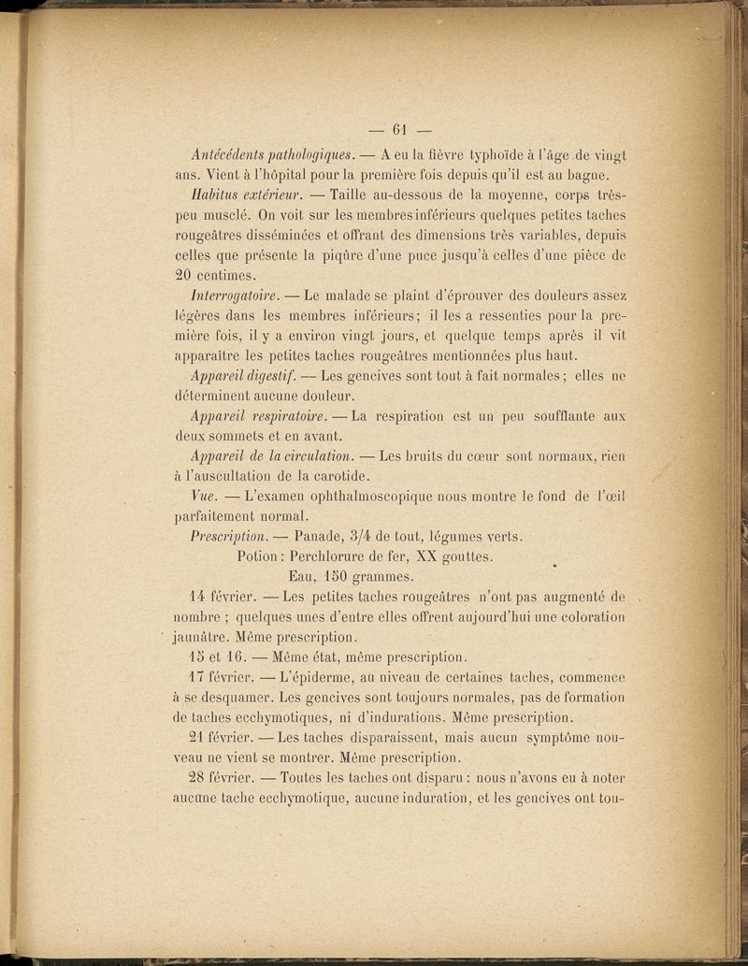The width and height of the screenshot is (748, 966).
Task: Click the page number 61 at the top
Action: click(403, 129)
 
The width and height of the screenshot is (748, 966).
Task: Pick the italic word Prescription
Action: click(227, 537)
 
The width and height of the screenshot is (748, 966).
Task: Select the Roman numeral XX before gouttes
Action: click(428, 557)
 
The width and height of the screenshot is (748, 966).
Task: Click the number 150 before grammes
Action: click(326, 577)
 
